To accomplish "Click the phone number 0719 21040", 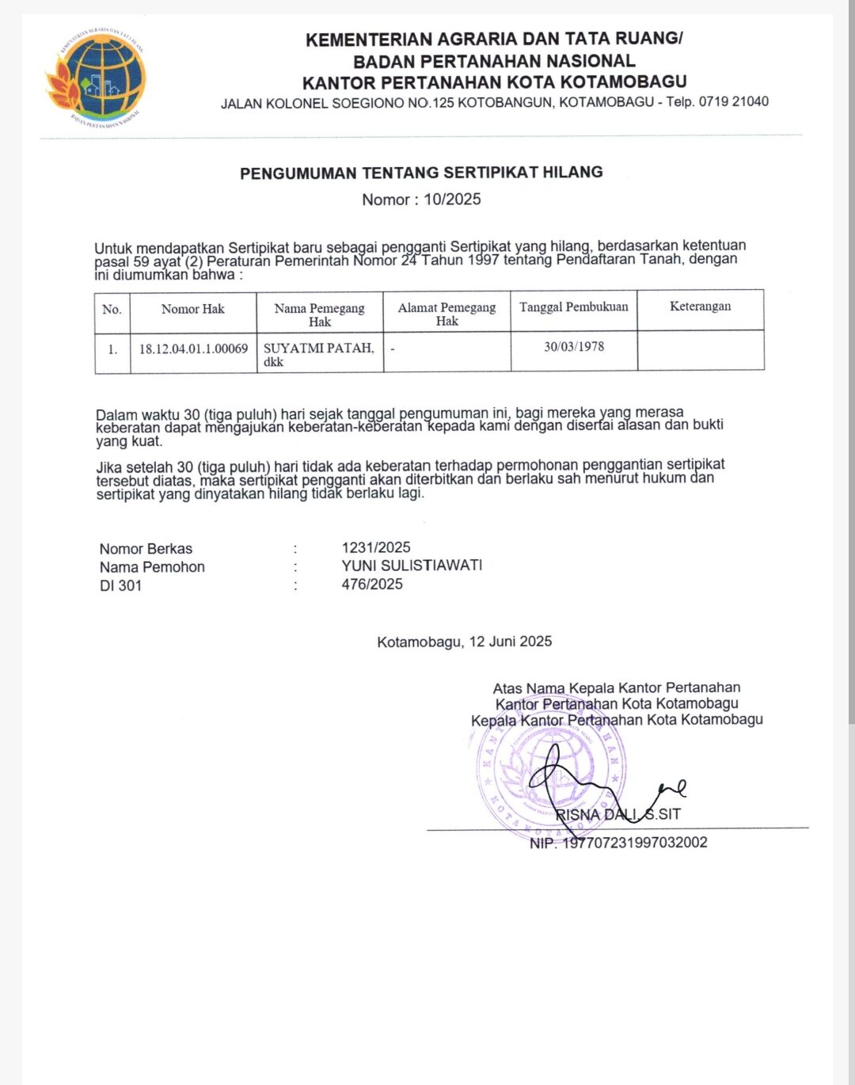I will pyautogui.click(x=733, y=101).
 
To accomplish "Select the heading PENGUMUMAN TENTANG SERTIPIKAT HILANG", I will pyautogui.click(x=421, y=173).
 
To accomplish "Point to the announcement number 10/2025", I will pyautogui.click(x=452, y=200).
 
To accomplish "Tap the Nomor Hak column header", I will pyautogui.click(x=192, y=309).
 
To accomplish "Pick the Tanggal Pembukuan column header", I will pyautogui.click(x=573, y=307).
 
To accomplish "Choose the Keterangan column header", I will pyautogui.click(x=700, y=306).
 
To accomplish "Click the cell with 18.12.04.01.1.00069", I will pyautogui.click(x=193, y=348).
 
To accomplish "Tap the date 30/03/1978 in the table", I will pyautogui.click(x=573, y=346).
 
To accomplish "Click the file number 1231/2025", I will pyautogui.click(x=376, y=547).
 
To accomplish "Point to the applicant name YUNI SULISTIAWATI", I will pyautogui.click(x=412, y=565).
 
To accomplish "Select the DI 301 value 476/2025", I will pyautogui.click(x=372, y=584).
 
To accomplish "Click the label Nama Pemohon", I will pyautogui.click(x=152, y=567).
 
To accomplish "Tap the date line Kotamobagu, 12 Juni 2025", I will pyautogui.click(x=464, y=641).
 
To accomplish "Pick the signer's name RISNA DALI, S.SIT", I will pyautogui.click(x=617, y=814).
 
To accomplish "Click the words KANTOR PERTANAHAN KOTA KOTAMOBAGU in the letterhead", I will pyautogui.click(x=494, y=82).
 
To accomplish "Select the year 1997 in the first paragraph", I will pyautogui.click(x=483, y=260).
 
